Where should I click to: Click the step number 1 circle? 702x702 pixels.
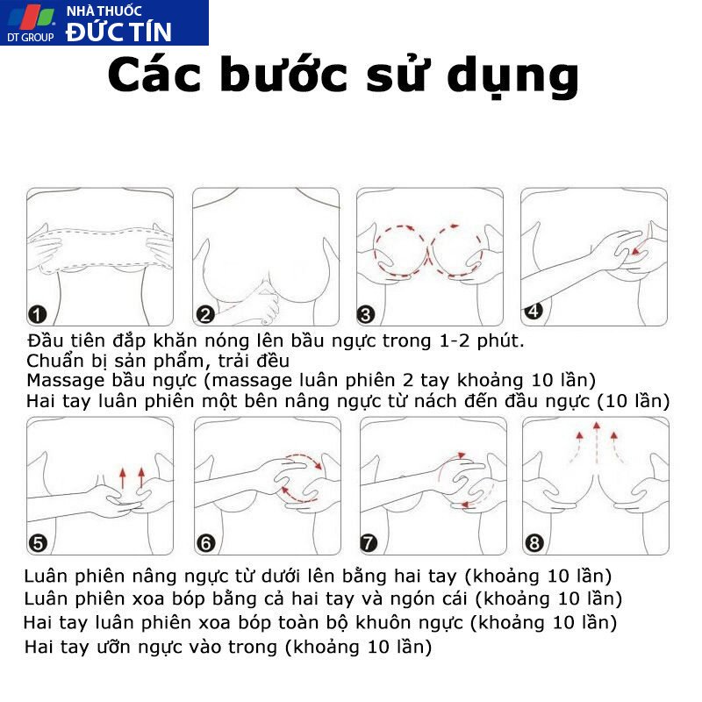pyautogui.click(x=37, y=314)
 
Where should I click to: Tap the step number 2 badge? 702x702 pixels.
pyautogui.click(x=205, y=314)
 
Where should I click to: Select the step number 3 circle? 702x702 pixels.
pyautogui.click(x=365, y=314)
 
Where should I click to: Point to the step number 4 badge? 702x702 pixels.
pyautogui.click(x=534, y=311)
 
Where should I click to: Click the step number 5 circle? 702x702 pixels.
pyautogui.click(x=38, y=543)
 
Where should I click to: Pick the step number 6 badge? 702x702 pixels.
pyautogui.click(x=206, y=543)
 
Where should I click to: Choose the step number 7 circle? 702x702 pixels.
pyautogui.click(x=369, y=543)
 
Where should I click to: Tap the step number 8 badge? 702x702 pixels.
pyautogui.click(x=534, y=543)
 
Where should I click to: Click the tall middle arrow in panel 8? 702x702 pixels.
pyautogui.click(x=597, y=445)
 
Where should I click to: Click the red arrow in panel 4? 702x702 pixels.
pyautogui.click(x=640, y=247)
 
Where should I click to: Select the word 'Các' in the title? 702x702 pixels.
pyautogui.click(x=154, y=75)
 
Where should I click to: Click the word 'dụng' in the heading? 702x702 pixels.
pyautogui.click(x=513, y=77)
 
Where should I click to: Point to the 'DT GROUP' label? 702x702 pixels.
pyautogui.click(x=31, y=37)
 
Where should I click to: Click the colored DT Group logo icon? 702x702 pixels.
pyautogui.click(x=31, y=17)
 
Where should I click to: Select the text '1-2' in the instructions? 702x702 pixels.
pyautogui.click(x=454, y=341)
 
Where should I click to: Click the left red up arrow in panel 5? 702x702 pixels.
pyautogui.click(x=123, y=478)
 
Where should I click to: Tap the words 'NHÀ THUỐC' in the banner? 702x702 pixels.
pyautogui.click(x=104, y=11)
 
